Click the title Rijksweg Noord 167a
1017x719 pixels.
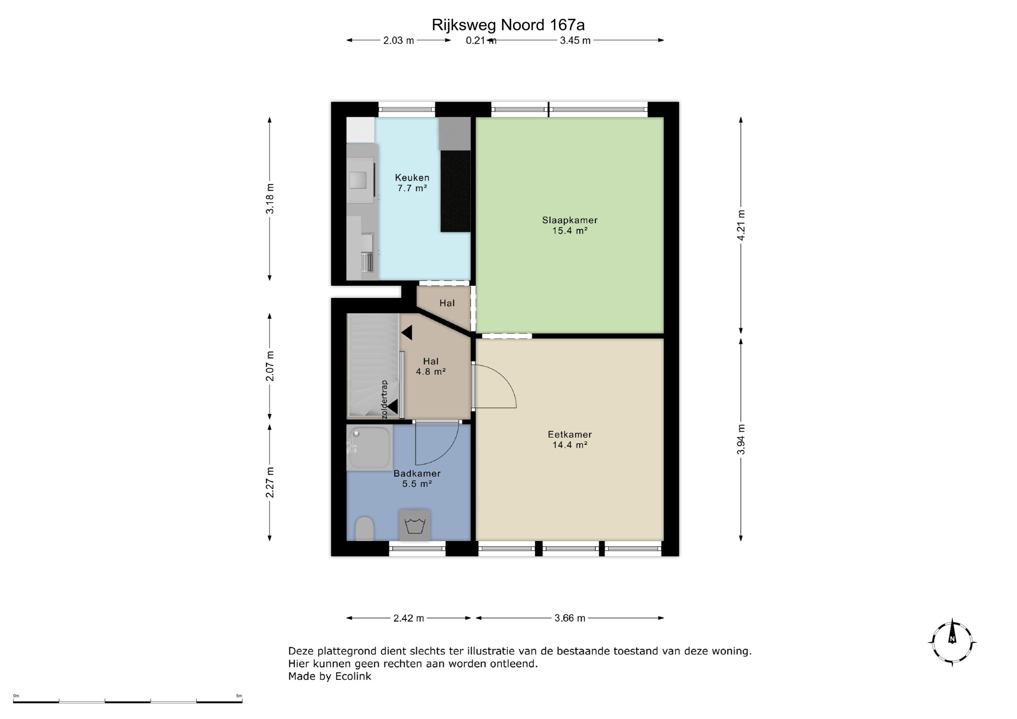coord(508,25)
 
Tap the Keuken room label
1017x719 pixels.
coord(412,177)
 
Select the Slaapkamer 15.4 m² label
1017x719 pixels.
coord(570,225)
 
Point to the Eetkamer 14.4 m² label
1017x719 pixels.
coord(570,439)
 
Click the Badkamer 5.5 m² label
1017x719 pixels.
coord(417,478)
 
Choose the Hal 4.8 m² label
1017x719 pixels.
coord(431,366)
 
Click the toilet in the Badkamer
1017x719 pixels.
coord(365,528)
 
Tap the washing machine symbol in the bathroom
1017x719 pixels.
coord(415,525)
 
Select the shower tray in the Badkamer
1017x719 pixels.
coord(369,447)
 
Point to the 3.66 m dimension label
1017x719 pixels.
coord(570,618)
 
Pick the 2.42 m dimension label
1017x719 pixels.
coord(409,618)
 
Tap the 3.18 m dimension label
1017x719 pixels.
coord(270,198)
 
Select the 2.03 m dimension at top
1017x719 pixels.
coord(399,40)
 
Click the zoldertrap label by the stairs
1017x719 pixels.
coord(384,399)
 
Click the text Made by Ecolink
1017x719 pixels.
coord(330,676)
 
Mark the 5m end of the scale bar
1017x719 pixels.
coord(242,702)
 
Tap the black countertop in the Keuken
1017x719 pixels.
coord(455,191)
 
